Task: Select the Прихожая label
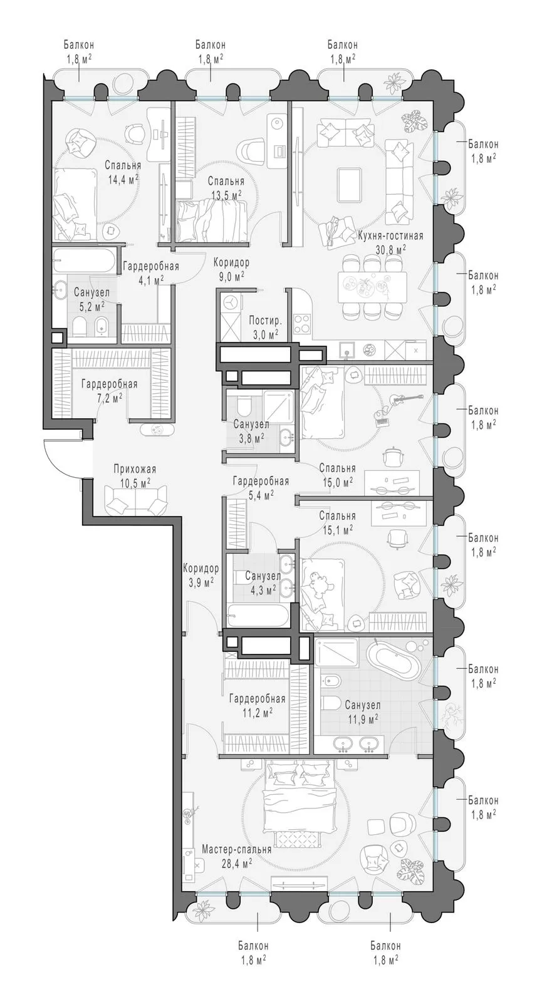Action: click(x=134, y=469)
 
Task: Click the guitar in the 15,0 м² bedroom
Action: click(x=402, y=400)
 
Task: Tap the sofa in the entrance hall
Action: click(x=135, y=500)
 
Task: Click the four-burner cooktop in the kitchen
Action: click(x=303, y=323)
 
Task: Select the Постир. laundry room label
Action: click(x=266, y=320)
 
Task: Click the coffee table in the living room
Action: click(x=350, y=184)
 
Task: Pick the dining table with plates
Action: click(x=372, y=284)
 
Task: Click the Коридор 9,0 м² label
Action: click(x=231, y=269)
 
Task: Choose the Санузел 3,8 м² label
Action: click(x=251, y=430)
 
